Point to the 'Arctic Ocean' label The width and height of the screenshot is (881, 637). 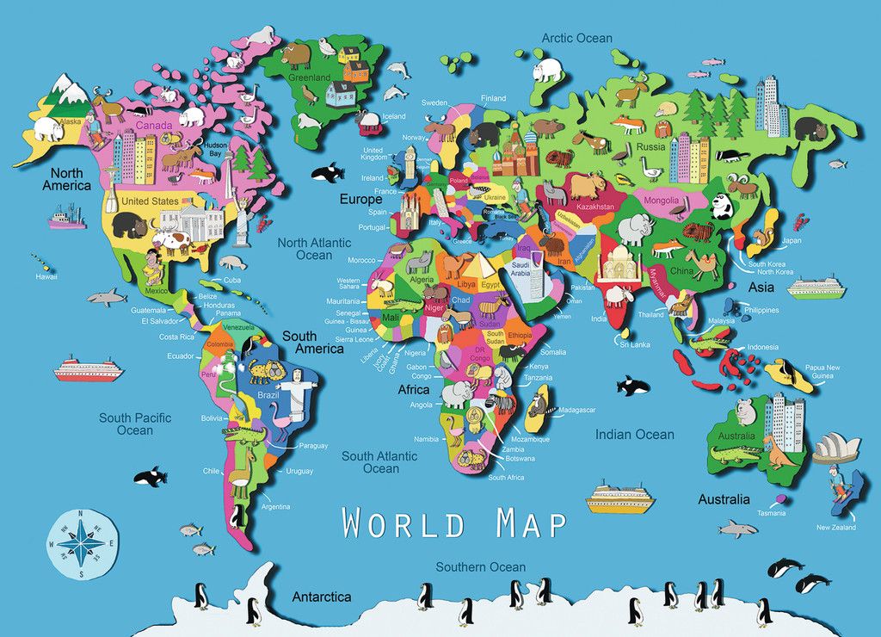(x=576, y=38)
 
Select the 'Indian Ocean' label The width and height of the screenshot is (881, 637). (x=635, y=435)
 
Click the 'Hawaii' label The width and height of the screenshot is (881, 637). (x=46, y=276)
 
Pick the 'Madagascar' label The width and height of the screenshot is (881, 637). (x=576, y=411)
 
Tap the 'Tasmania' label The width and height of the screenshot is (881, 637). (x=771, y=514)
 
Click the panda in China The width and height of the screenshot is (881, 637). (x=722, y=206)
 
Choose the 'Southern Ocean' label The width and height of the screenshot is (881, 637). (x=480, y=566)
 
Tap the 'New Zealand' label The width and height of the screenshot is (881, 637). (x=836, y=527)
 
